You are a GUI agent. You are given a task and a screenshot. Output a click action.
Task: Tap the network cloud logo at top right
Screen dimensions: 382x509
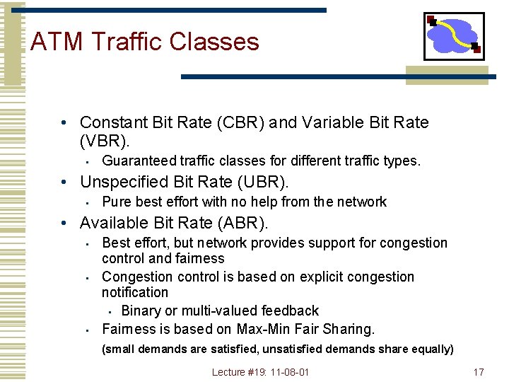[x=453, y=36]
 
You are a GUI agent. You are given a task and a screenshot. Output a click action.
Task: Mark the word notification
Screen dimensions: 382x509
[x=135, y=292]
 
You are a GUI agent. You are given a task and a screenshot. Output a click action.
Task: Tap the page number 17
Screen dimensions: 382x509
[x=479, y=372]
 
